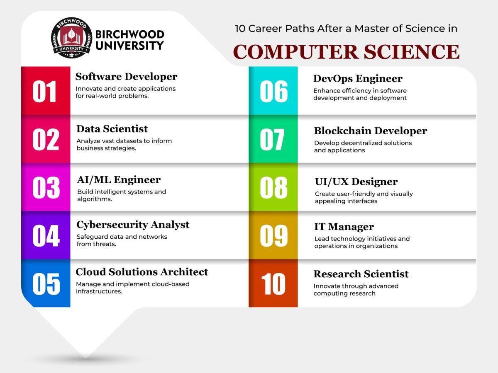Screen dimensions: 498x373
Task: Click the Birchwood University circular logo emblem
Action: point(71,38)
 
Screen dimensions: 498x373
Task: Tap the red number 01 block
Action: point(46,91)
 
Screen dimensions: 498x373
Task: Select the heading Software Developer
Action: point(126,77)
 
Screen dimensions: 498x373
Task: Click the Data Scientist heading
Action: point(112,129)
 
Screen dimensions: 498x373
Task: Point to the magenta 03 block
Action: point(46,187)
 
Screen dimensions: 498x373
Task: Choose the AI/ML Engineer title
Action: point(119,180)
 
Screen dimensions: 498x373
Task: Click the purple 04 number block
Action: point(46,235)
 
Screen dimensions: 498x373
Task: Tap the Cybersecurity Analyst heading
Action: point(133,225)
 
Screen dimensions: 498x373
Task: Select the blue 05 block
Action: point(46,283)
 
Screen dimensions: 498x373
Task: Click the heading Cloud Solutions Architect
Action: point(142,272)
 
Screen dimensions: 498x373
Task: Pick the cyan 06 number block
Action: point(273,91)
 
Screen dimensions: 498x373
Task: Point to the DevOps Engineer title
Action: point(358,79)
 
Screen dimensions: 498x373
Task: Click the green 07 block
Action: point(273,139)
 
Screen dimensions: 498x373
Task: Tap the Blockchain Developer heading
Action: point(371,131)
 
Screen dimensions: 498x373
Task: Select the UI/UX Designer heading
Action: point(356,182)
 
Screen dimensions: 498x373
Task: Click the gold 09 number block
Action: point(273,235)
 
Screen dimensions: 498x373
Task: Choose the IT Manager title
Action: point(344,227)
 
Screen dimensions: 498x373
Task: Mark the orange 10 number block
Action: point(273,283)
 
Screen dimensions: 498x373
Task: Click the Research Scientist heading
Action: point(361,274)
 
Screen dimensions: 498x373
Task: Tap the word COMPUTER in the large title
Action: point(296,52)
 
